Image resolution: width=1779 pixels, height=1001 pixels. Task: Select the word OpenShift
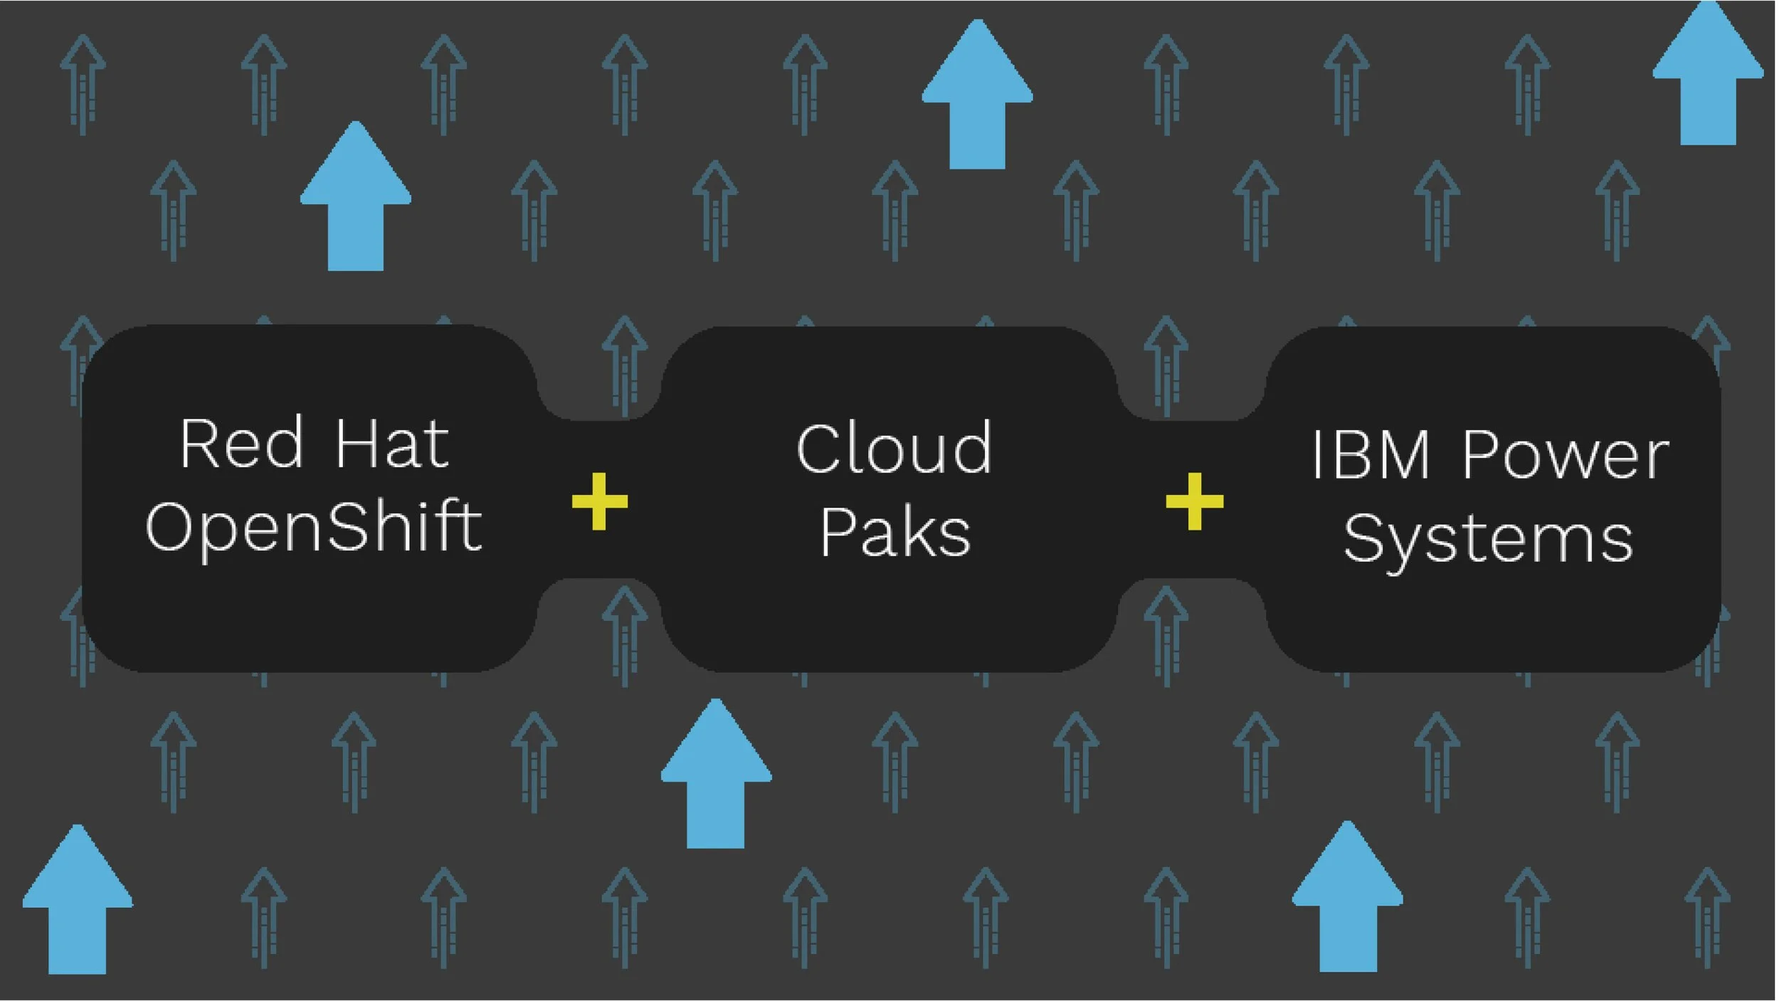tap(314, 527)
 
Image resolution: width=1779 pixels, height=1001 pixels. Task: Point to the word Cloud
tap(894, 449)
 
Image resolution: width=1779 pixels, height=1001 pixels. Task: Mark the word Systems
tap(1488, 539)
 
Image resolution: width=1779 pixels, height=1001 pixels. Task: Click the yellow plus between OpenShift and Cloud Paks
tap(600, 501)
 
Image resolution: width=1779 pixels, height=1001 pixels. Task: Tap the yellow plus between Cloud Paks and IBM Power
tap(1195, 501)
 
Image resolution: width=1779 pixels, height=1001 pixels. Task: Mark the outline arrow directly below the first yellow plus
tap(624, 634)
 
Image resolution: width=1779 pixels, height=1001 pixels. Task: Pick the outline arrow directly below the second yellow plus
tap(1166, 634)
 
